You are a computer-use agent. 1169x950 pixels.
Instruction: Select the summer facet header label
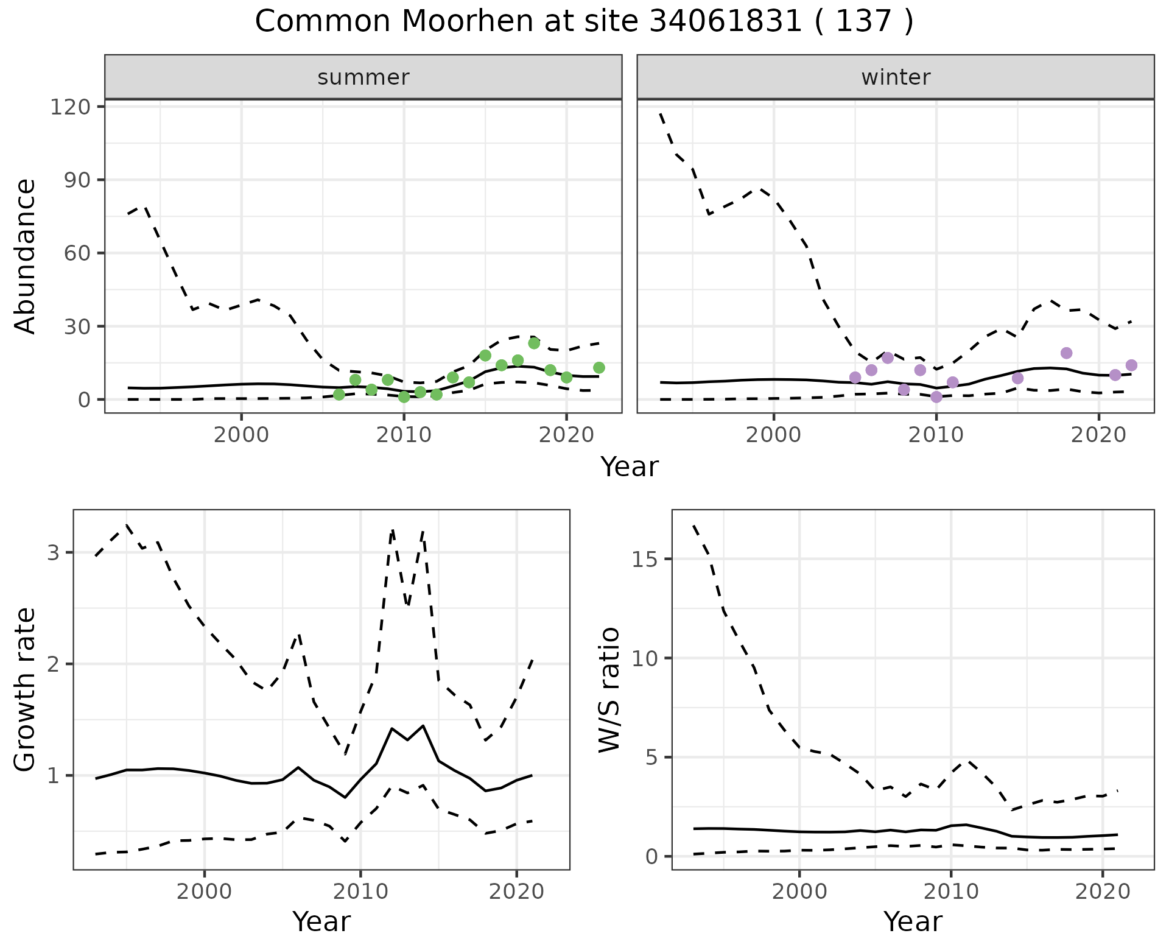[363, 77]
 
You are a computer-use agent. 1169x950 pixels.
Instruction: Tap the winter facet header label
[896, 77]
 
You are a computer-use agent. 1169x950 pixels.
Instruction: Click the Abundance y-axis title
[26, 256]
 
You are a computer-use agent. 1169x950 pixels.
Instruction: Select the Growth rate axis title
[26, 689]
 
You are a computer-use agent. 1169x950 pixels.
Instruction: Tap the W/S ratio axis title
[609, 689]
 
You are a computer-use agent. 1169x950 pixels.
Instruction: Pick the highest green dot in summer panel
[534, 343]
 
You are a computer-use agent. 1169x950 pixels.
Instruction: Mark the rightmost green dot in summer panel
[599, 368]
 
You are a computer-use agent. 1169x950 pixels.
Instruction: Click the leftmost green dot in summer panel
[339, 395]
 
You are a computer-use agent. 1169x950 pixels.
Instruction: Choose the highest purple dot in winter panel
[1066, 353]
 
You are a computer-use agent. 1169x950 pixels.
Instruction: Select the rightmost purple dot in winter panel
[1131, 365]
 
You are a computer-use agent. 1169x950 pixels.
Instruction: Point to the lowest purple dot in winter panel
[936, 397]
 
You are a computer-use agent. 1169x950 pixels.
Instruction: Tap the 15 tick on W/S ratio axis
[647, 559]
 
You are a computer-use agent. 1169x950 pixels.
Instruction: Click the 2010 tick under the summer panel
[404, 436]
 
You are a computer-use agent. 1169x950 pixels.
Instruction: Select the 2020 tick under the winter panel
[1098, 436]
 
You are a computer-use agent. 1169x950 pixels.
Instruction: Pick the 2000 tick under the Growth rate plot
[205, 893]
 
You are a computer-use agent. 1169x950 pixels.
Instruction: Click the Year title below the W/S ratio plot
[913, 922]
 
